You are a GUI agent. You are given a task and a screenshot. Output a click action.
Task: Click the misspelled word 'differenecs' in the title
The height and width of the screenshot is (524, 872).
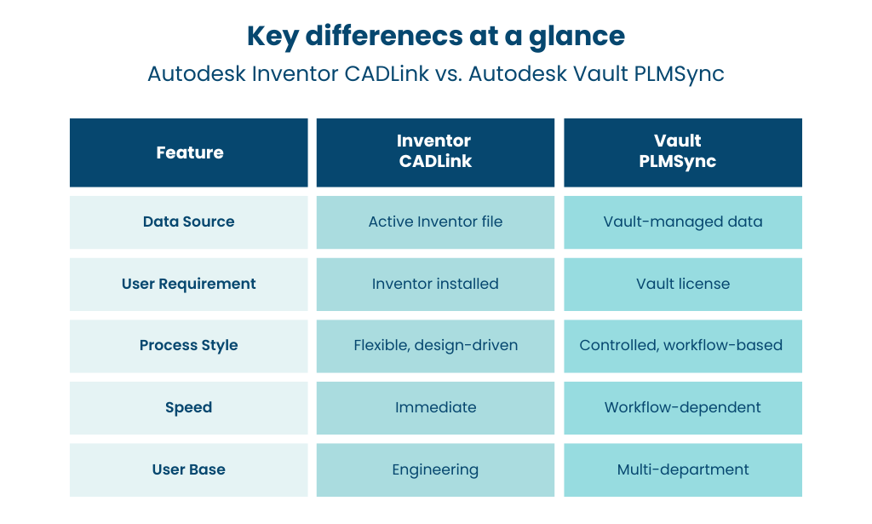(384, 36)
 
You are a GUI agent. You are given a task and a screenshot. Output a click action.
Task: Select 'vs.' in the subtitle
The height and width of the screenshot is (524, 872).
(448, 74)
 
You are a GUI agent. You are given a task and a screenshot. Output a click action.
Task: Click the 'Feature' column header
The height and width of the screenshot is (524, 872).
(190, 153)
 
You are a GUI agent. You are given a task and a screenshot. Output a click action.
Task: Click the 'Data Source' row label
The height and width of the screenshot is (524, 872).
(188, 222)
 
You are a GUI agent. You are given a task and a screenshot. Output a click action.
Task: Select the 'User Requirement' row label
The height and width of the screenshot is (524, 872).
(188, 284)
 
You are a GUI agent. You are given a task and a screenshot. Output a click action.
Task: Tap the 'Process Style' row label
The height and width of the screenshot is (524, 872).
(188, 345)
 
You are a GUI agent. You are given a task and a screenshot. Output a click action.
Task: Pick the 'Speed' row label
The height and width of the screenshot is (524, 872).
(188, 408)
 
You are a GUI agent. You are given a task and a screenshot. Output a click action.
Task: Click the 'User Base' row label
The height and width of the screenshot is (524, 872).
(188, 469)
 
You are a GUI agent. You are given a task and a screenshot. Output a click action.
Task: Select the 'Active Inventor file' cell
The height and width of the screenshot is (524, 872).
(435, 222)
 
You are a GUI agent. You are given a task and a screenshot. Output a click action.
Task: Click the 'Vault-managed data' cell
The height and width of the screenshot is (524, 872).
(683, 222)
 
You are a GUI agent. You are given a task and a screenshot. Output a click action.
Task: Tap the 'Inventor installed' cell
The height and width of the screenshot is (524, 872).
(435, 284)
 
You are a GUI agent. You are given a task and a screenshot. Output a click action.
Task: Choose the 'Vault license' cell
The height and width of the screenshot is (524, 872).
(683, 284)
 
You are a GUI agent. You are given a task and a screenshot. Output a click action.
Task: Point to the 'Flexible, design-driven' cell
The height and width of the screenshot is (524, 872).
(435, 345)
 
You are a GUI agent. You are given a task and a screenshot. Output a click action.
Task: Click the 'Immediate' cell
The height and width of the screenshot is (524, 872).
(435, 407)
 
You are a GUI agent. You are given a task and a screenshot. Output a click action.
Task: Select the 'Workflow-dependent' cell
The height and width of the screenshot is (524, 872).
(682, 408)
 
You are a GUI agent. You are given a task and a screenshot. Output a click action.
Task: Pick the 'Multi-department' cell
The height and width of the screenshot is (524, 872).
(683, 470)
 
